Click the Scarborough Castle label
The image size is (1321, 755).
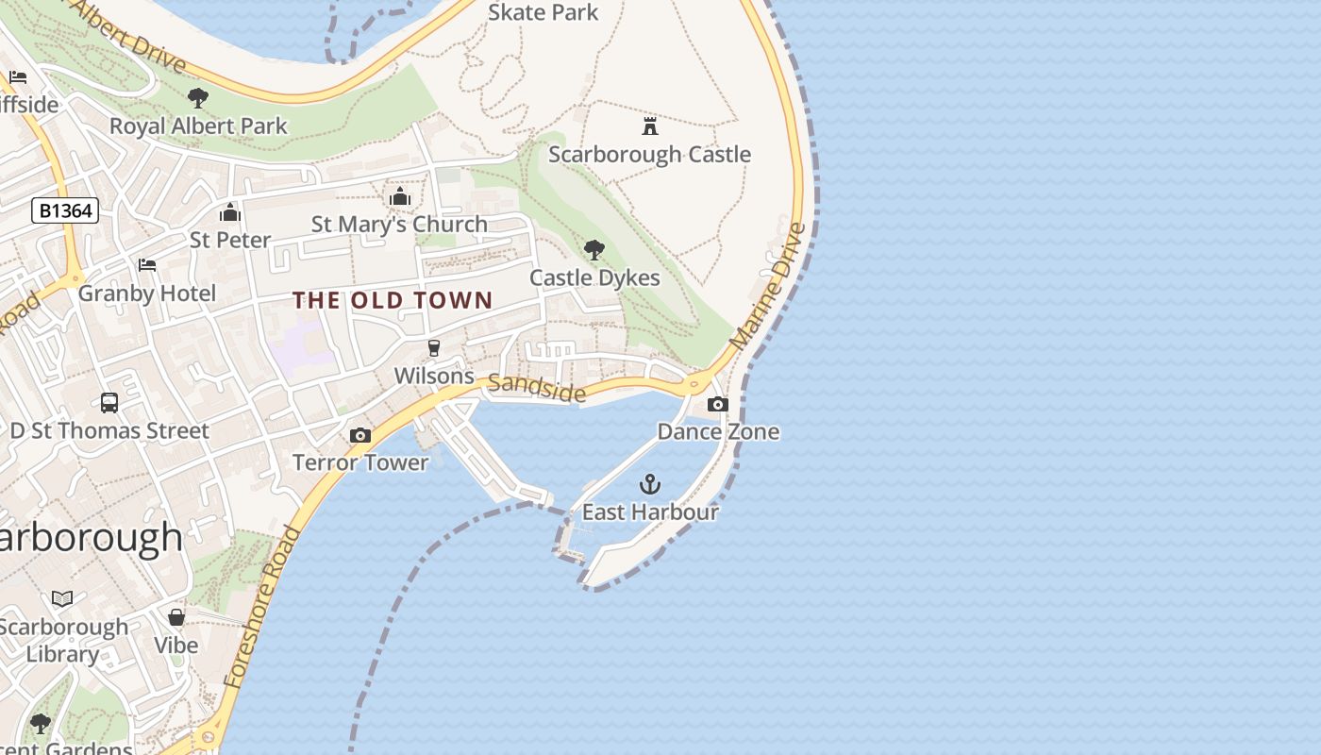pos(649,154)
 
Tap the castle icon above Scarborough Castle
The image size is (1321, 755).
pos(649,126)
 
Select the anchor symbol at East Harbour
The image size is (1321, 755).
pos(649,484)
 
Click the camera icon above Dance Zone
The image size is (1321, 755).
pos(717,404)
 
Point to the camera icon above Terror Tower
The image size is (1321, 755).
pos(360,435)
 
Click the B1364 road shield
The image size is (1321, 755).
pos(65,210)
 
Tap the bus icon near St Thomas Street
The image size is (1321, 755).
pos(109,403)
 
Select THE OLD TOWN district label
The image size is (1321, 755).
pos(393,300)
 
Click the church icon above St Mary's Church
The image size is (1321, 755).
pos(400,196)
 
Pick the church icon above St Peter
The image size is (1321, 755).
pos(230,212)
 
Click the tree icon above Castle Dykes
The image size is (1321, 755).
pos(594,250)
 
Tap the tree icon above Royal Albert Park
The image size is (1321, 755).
pos(197,97)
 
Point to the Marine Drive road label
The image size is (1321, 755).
pos(769,285)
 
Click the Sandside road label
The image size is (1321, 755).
pos(537,387)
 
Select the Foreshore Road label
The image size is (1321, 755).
pos(263,606)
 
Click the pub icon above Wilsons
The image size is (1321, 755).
pos(434,348)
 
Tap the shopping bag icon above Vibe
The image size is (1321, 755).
pos(176,617)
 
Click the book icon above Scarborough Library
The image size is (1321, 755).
pos(62,598)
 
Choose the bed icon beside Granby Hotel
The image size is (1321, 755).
pos(146,265)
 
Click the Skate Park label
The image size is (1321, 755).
pos(543,12)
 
